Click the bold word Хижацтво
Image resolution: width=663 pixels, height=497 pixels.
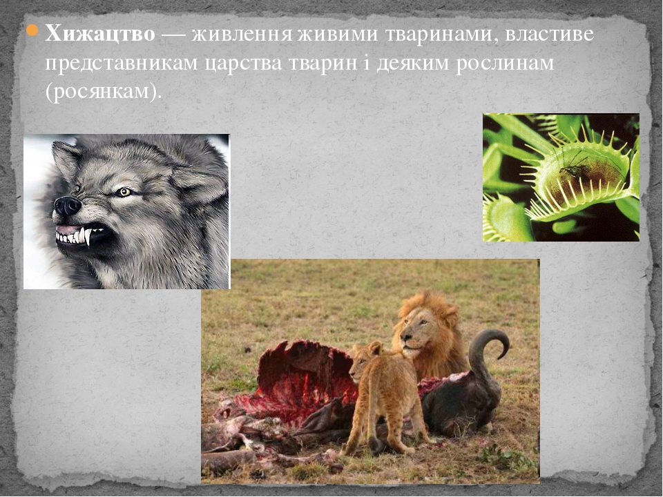point(100,33)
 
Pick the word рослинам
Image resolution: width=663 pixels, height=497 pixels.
point(505,64)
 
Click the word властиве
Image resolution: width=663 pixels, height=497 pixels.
point(550,33)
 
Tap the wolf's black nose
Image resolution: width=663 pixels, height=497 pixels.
point(67,206)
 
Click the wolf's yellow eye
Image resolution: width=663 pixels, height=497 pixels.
point(124,192)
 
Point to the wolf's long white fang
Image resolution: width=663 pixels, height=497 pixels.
point(87,236)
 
